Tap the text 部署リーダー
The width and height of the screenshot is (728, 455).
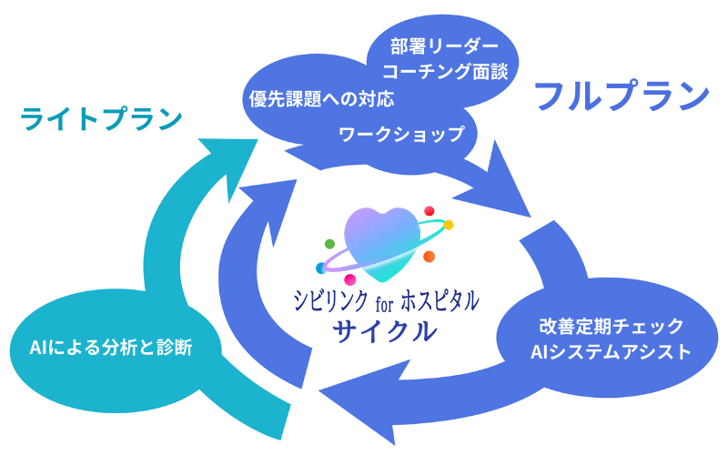tap(445, 45)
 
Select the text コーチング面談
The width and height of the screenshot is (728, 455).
tap(445, 71)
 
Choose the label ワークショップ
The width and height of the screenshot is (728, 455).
tap(401, 135)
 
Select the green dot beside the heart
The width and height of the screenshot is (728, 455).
tap(329, 244)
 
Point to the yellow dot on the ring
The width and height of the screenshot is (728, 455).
tap(448, 224)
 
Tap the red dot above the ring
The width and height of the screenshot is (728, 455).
tap(430, 211)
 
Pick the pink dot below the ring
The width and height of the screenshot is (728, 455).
tap(349, 279)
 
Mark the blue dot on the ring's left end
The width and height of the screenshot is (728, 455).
tap(320, 268)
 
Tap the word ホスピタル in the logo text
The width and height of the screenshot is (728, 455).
tap(440, 300)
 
